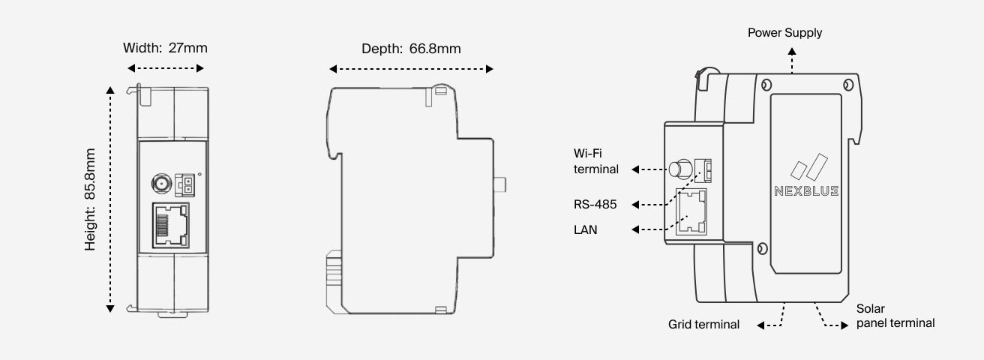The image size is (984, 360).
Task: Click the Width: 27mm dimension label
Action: tap(165, 48)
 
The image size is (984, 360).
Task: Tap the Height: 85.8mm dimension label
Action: tap(91, 199)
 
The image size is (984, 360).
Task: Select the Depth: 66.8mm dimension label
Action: tap(411, 49)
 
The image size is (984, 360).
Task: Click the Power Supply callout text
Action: tap(784, 33)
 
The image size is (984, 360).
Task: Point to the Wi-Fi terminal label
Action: tap(595, 161)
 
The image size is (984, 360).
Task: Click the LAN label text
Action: tap(585, 230)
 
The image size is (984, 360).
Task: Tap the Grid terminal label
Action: tap(703, 325)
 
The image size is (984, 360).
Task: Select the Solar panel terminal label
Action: tap(895, 316)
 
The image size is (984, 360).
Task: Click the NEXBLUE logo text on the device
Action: tap(806, 191)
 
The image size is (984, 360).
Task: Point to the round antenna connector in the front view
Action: tap(160, 181)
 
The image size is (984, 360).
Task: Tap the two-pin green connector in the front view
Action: tap(184, 183)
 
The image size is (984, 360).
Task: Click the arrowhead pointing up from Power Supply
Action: tap(793, 49)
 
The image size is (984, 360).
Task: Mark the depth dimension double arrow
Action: tap(411, 69)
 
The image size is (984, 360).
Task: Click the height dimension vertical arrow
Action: tap(110, 199)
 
